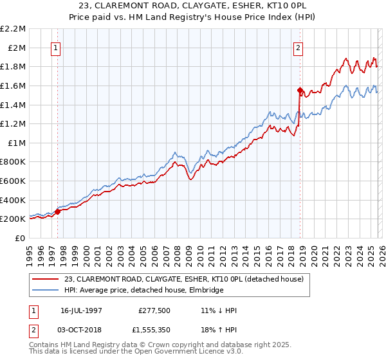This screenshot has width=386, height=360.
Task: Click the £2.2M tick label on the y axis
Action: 14,29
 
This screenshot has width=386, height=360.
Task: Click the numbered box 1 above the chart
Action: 57,47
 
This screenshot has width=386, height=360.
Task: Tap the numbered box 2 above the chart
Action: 299,47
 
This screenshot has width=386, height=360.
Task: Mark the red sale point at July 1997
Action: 58,212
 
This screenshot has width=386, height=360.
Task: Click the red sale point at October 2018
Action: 300,90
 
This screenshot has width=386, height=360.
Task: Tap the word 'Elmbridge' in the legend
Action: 205,291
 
